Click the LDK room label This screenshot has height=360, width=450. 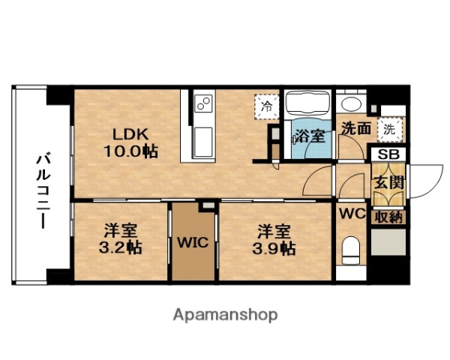point(131,135)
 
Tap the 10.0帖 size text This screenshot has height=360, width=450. point(130,151)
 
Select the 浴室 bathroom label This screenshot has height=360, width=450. point(309,136)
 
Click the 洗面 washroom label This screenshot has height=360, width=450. point(355,128)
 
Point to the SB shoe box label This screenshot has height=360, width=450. point(388,154)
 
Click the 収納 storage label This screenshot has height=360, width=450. point(388,218)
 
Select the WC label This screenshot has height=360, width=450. point(352,214)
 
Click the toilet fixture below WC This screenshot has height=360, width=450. point(351,248)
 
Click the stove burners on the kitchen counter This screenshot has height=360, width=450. point(203,105)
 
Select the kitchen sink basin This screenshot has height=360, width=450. point(203,140)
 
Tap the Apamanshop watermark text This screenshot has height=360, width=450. point(225,314)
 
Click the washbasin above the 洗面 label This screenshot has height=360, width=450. point(349,104)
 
